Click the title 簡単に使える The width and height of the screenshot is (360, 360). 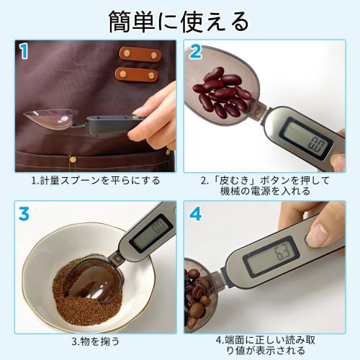[x=179, y=19]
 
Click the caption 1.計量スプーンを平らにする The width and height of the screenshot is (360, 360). [x=95, y=180]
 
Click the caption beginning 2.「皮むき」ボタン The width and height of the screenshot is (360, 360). [x=264, y=185]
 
